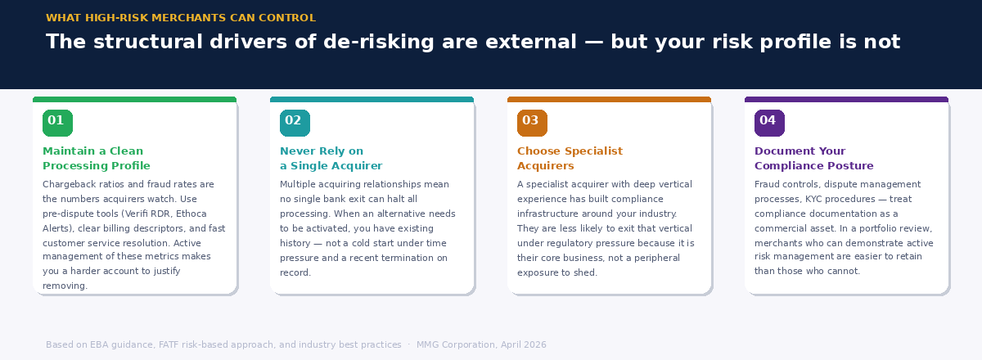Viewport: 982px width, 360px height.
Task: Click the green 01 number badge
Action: click(x=57, y=123)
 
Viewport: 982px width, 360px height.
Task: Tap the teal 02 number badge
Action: click(x=295, y=123)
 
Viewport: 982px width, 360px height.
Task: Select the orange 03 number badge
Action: click(x=532, y=123)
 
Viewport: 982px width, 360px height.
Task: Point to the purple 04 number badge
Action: click(x=769, y=123)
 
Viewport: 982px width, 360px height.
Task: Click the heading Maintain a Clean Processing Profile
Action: click(x=97, y=159)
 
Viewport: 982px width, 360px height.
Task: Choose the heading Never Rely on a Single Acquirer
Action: click(x=331, y=159)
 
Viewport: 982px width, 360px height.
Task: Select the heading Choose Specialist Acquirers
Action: click(x=570, y=159)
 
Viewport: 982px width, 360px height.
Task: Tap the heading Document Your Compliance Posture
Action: click(x=813, y=159)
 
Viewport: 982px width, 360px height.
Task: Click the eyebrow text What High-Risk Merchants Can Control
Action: click(x=180, y=18)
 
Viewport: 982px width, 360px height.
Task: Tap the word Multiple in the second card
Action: click(x=300, y=185)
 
